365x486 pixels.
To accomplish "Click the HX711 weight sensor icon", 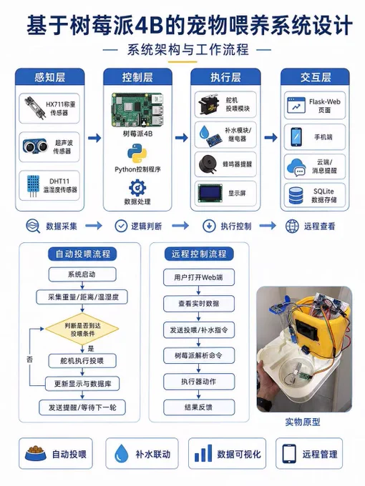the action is point(34,108).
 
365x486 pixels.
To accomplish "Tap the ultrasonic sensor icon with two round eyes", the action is point(35,146).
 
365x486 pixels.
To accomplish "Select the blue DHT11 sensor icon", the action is point(33,186).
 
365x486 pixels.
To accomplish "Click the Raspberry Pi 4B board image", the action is point(137,110).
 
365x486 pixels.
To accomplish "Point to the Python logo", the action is point(137,153).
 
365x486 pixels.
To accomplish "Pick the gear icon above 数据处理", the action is point(137,187).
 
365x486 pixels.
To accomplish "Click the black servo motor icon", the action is point(208,104).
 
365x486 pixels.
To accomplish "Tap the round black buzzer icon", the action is point(208,164).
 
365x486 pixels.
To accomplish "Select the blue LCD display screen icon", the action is point(210,193).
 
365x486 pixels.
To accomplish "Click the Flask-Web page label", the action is point(324,106).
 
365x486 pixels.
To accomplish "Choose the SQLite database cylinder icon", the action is point(296,195).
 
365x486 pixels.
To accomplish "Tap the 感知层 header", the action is point(49,77).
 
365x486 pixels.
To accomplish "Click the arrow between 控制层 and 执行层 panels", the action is point(182,137).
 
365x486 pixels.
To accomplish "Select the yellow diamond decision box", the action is point(82,329).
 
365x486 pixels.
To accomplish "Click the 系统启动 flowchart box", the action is point(82,274).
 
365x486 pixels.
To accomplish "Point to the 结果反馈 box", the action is point(199,407).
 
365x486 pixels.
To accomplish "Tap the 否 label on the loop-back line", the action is point(29,359).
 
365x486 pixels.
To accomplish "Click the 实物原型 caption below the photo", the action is point(303,422).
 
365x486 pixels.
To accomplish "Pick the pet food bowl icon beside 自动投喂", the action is point(35,454).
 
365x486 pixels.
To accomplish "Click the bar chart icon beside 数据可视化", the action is point(203,453).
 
